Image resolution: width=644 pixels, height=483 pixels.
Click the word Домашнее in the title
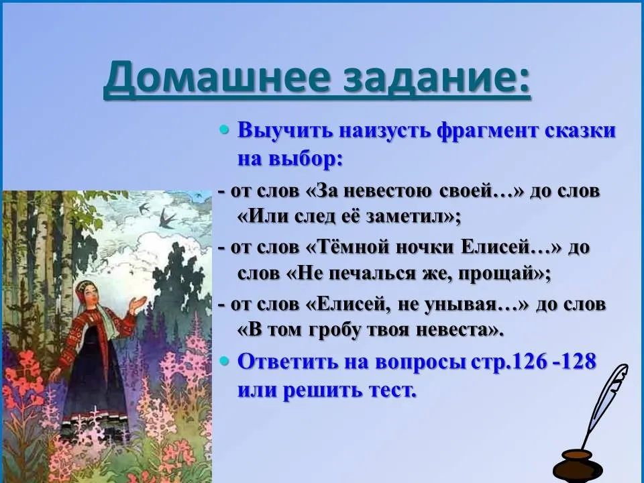[217, 76]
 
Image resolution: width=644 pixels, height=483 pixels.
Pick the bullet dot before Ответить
[224, 362]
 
